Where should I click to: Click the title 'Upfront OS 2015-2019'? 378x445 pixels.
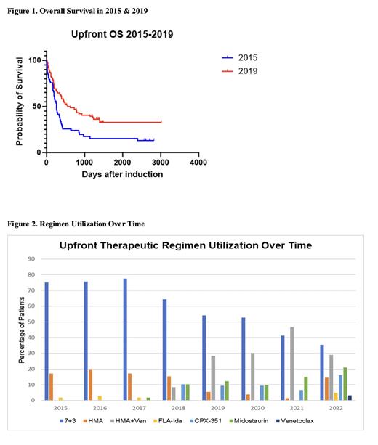coord(122,34)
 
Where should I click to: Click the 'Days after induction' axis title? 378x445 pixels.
coord(121,174)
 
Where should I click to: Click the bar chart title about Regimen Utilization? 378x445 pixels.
coord(185,246)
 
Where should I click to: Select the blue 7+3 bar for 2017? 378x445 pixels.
coord(126,339)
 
